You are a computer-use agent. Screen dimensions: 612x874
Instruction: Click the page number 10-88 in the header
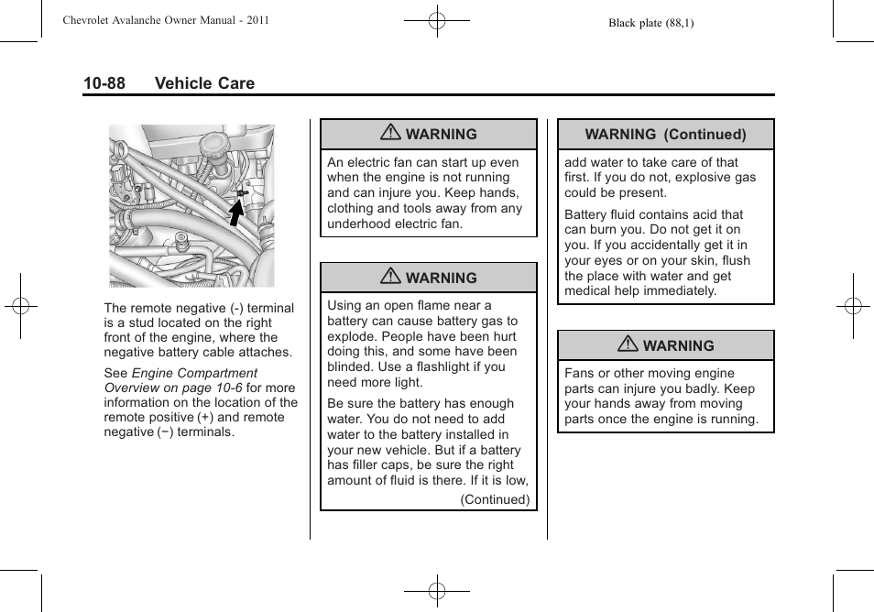pos(104,83)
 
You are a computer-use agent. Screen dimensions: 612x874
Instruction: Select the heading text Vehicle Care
pos(204,83)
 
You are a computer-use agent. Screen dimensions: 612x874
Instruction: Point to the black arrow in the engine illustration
pos(236,212)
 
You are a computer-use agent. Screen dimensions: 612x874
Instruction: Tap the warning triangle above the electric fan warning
pos(391,134)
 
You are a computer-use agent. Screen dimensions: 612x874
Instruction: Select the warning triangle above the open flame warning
pos(391,278)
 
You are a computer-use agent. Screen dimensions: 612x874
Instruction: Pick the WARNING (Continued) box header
pos(665,135)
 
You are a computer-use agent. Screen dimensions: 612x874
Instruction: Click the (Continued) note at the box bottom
pos(495,499)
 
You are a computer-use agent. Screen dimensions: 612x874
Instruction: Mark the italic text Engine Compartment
pos(194,373)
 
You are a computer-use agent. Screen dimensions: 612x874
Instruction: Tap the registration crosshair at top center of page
pos(437,20)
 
